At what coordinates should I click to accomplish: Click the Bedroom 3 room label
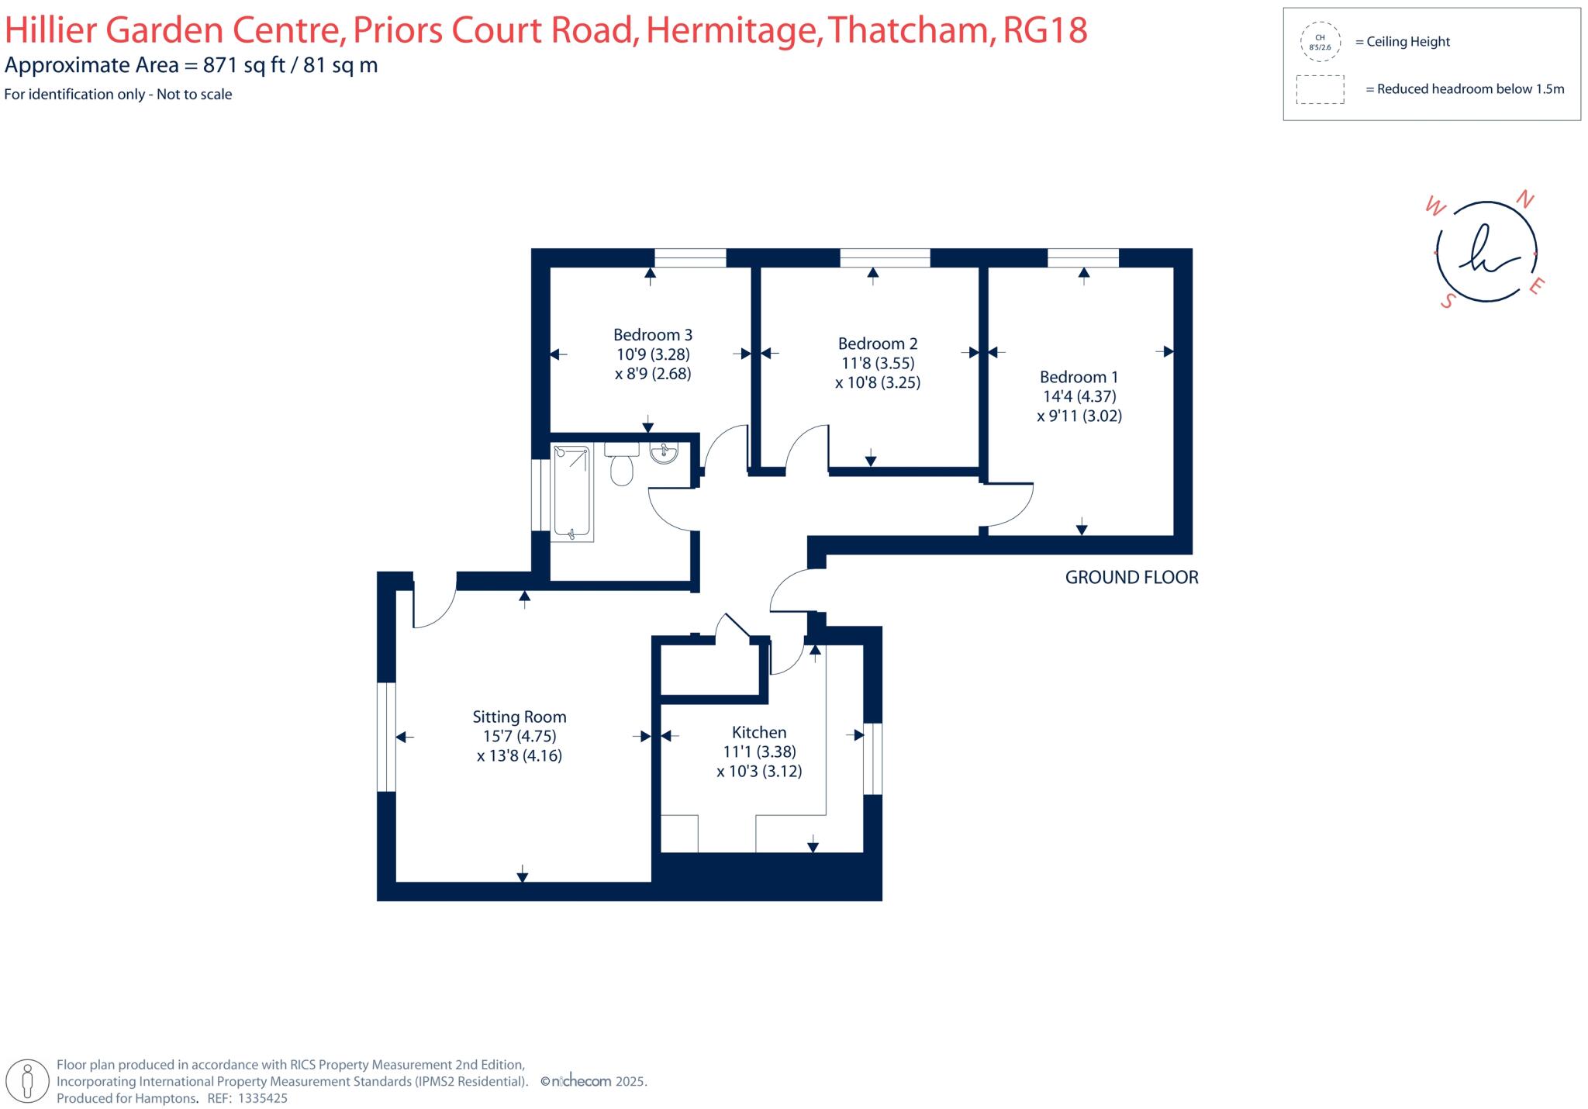point(652,335)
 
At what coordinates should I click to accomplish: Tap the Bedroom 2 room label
point(877,344)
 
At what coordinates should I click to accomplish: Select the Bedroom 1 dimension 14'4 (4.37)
point(1079,396)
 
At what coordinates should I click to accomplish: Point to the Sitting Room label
point(520,717)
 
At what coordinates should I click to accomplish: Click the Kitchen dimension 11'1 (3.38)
point(759,751)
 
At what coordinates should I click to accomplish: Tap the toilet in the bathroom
point(621,468)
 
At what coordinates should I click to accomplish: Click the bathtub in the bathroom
point(572,492)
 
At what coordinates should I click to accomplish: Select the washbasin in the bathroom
point(664,454)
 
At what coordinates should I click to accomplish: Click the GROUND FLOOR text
point(1131,578)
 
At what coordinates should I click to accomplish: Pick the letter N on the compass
point(1524,200)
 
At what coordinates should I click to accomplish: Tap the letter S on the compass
point(1446,302)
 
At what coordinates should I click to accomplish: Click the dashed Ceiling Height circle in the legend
point(1320,42)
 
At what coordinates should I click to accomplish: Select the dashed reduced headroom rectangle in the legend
point(1320,89)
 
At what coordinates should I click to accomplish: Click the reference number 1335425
point(262,1098)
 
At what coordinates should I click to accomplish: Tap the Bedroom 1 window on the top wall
point(1082,258)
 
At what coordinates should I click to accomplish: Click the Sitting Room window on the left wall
point(386,737)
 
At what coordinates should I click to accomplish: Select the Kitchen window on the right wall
point(872,758)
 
